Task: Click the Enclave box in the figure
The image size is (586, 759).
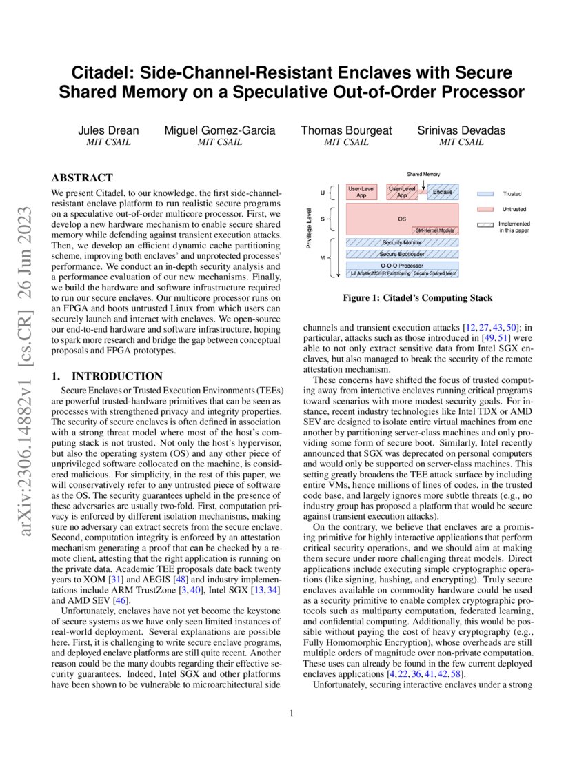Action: (443, 193)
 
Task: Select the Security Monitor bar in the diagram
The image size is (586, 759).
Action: (402, 243)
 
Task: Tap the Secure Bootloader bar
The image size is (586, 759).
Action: (402, 254)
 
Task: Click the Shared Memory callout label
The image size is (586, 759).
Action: (423, 175)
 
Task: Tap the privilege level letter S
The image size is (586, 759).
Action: (323, 219)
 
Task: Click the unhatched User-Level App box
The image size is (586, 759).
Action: (361, 193)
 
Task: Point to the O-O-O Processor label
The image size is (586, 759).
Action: (402, 265)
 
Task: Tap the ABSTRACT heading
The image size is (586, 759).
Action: (83, 178)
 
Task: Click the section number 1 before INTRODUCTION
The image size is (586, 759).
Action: (56, 376)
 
